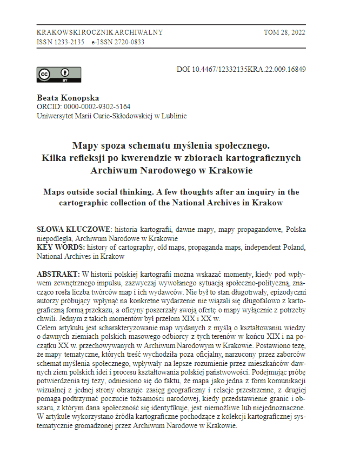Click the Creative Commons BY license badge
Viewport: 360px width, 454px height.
tap(58, 75)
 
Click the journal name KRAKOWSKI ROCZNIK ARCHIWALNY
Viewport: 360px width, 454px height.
tap(99, 32)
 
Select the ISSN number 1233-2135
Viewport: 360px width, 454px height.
tap(69, 42)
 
